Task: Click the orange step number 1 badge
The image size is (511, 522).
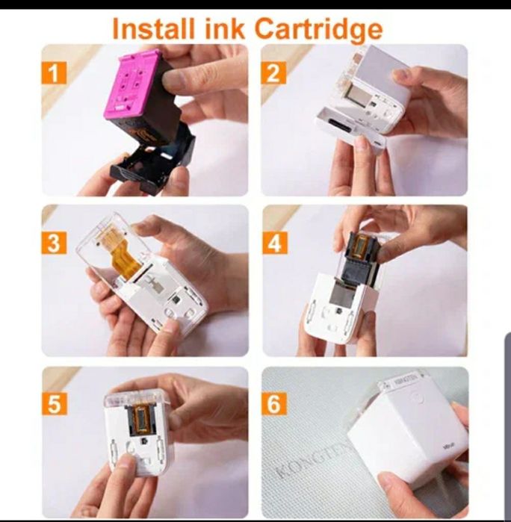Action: [55, 72]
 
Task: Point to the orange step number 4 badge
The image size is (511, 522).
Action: [275, 243]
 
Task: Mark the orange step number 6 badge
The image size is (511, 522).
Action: [275, 403]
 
